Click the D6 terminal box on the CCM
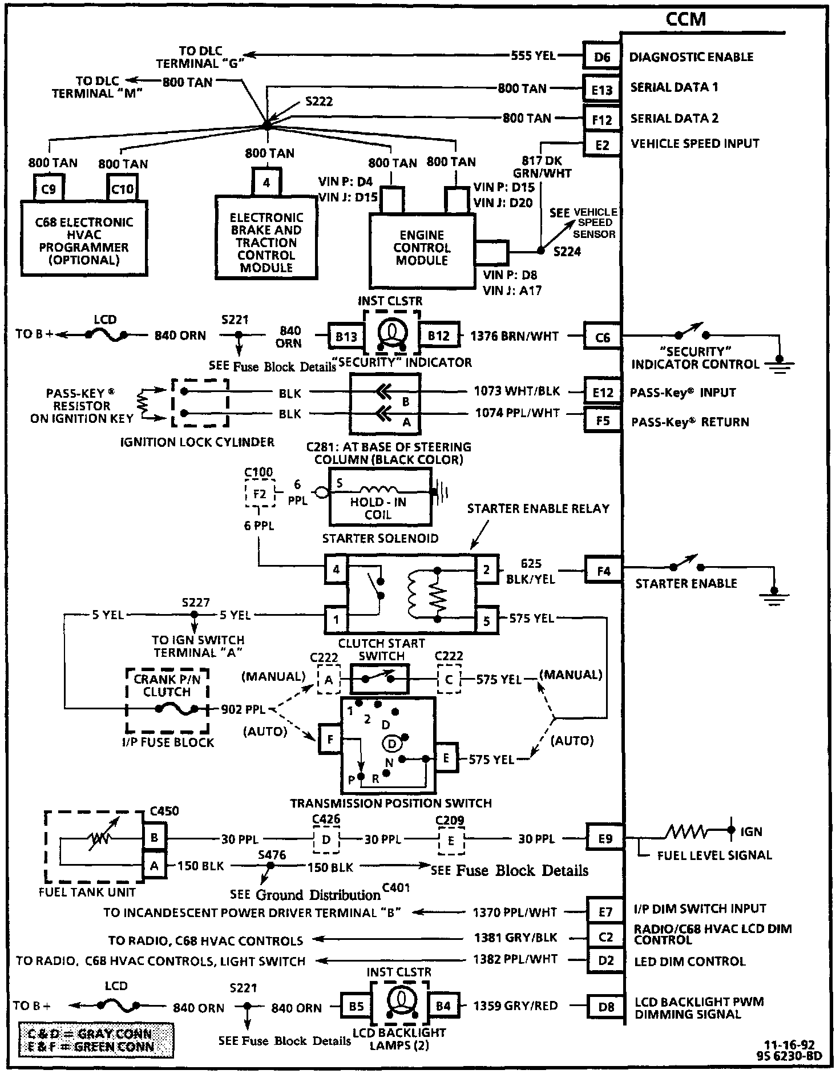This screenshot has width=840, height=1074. (x=601, y=56)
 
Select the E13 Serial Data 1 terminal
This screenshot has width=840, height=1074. (x=601, y=89)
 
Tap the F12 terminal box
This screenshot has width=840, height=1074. (x=601, y=119)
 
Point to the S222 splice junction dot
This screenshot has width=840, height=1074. (x=266, y=124)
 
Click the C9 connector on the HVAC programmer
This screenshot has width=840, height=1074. (x=49, y=188)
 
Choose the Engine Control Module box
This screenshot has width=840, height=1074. (x=422, y=248)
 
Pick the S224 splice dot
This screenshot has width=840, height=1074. (x=540, y=251)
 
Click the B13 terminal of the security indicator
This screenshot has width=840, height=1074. (x=346, y=336)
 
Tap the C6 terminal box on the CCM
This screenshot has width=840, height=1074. (x=602, y=337)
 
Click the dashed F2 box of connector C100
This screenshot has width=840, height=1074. (x=259, y=493)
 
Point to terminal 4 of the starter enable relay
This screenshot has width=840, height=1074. (x=336, y=569)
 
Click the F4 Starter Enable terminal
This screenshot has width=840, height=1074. (x=603, y=571)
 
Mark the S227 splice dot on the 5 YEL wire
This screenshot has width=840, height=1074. (x=194, y=615)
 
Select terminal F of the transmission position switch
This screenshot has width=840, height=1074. (x=330, y=740)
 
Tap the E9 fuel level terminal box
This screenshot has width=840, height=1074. (x=605, y=838)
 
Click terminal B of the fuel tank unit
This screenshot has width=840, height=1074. (x=154, y=838)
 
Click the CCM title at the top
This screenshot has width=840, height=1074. (x=685, y=19)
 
